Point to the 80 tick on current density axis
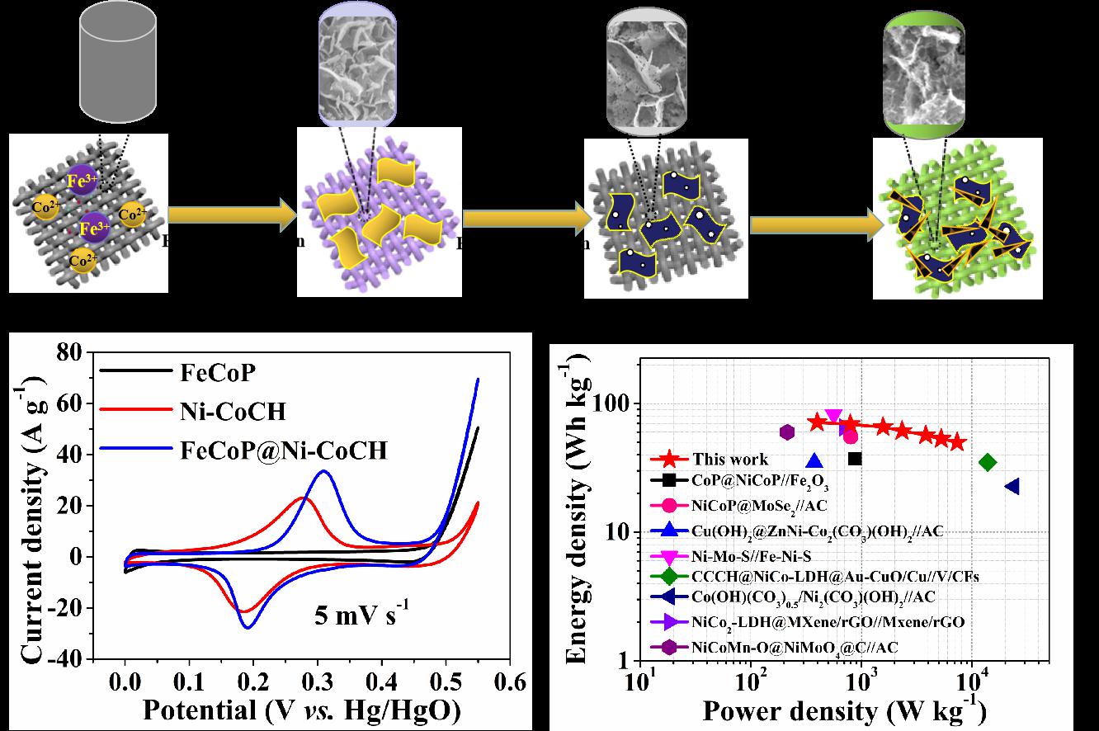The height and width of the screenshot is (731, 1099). tap(73, 352)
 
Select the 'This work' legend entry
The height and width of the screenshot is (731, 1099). tap(729, 460)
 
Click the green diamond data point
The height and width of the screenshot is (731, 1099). tap(987, 462)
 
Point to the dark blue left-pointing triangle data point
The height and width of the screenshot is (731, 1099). tap(1012, 487)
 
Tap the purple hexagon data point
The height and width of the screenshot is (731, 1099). tap(787, 432)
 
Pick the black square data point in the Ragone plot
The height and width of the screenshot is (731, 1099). tap(855, 459)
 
